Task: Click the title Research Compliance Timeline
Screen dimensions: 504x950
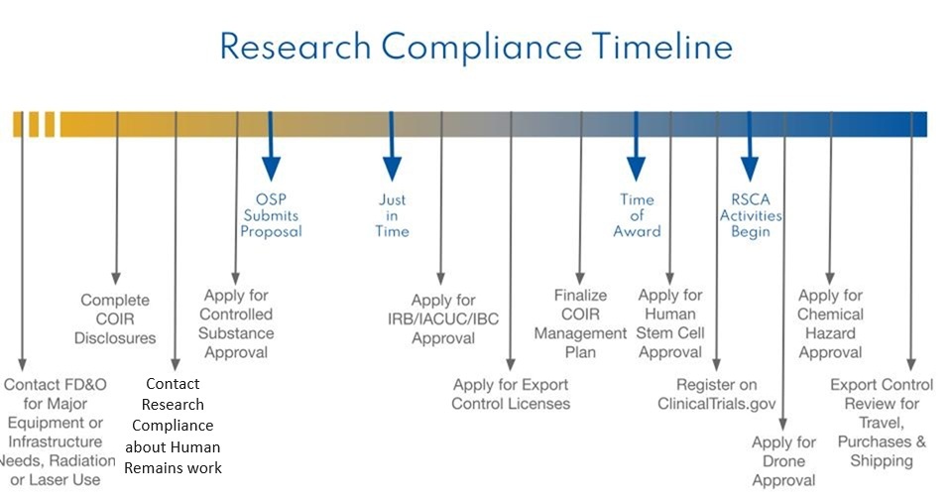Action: click(476, 46)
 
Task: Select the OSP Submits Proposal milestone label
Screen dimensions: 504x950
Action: click(271, 215)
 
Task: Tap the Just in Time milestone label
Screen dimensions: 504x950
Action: click(392, 215)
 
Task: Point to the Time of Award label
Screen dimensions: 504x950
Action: click(637, 215)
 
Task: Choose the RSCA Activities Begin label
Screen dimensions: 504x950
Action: click(751, 215)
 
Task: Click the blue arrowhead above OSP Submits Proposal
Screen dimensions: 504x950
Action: click(271, 168)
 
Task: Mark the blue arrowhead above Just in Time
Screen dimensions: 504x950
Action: click(393, 168)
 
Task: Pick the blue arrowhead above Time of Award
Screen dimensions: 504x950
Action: click(637, 168)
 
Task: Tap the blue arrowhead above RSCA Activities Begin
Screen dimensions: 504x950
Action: click(750, 168)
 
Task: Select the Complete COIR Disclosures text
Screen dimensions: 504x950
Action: click(115, 318)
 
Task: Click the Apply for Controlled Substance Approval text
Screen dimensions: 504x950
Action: click(236, 323)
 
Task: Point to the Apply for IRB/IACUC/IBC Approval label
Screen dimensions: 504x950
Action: click(443, 318)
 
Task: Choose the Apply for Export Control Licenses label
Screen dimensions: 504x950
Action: click(511, 394)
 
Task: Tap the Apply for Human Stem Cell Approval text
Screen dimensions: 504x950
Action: click(670, 323)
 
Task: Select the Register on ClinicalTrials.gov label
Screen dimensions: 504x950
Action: click(716, 394)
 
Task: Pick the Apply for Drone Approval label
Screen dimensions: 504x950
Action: click(783, 461)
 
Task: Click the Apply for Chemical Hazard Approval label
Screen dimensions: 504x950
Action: click(830, 323)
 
